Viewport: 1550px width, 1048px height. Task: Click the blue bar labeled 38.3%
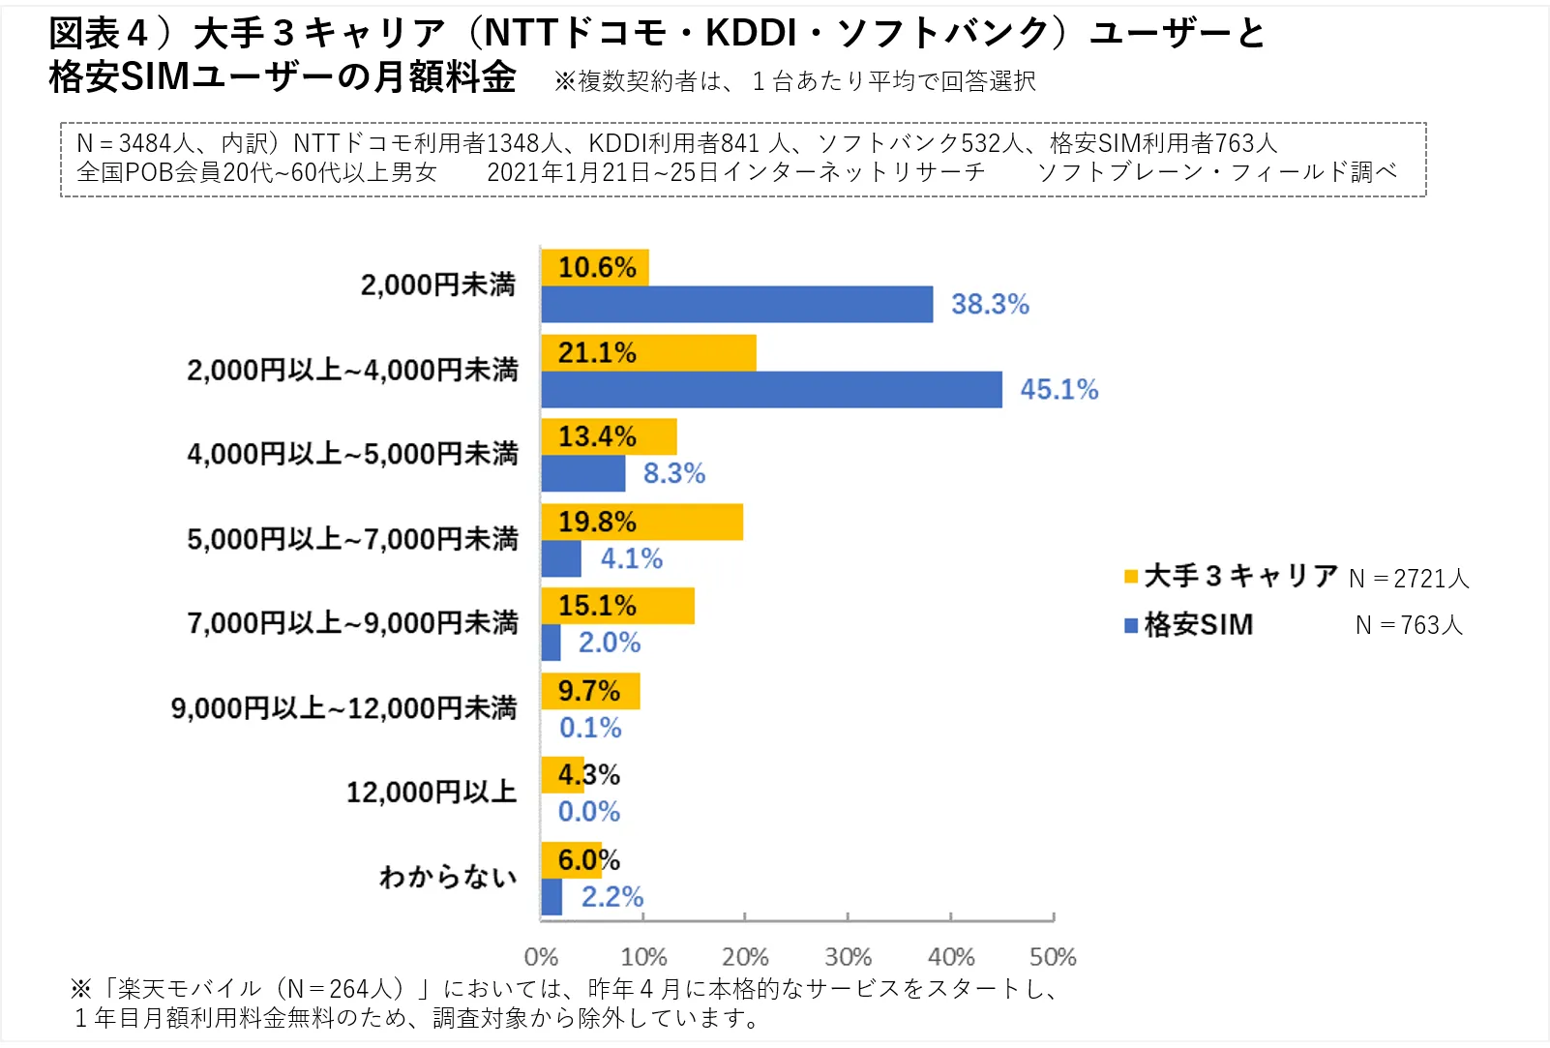click(736, 305)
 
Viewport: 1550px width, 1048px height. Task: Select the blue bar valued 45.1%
click(771, 390)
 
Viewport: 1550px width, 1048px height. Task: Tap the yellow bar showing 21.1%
click(648, 353)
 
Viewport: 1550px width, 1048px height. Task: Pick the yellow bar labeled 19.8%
click(641, 523)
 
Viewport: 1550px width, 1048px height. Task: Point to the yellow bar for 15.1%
click(617, 607)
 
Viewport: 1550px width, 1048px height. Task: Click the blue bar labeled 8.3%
click(583, 474)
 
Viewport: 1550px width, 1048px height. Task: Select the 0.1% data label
click(590, 728)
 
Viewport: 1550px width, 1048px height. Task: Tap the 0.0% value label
click(589, 812)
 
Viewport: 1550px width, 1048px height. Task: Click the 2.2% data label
click(611, 897)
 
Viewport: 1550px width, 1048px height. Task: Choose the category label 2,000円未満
click(438, 285)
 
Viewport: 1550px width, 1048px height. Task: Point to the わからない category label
click(448, 878)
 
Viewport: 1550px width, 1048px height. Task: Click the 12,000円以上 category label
click(432, 793)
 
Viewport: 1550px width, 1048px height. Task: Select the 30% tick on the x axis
click(848, 957)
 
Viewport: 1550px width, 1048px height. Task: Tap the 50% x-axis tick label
click(1053, 957)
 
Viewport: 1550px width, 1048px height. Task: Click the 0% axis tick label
click(541, 957)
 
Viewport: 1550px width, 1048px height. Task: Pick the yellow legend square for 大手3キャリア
click(1131, 578)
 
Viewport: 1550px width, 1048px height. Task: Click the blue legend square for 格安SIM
click(1131, 626)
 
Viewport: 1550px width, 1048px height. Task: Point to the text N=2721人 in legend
click(1409, 579)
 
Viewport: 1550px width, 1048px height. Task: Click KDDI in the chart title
click(751, 34)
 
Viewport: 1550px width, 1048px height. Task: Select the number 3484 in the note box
click(144, 144)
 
